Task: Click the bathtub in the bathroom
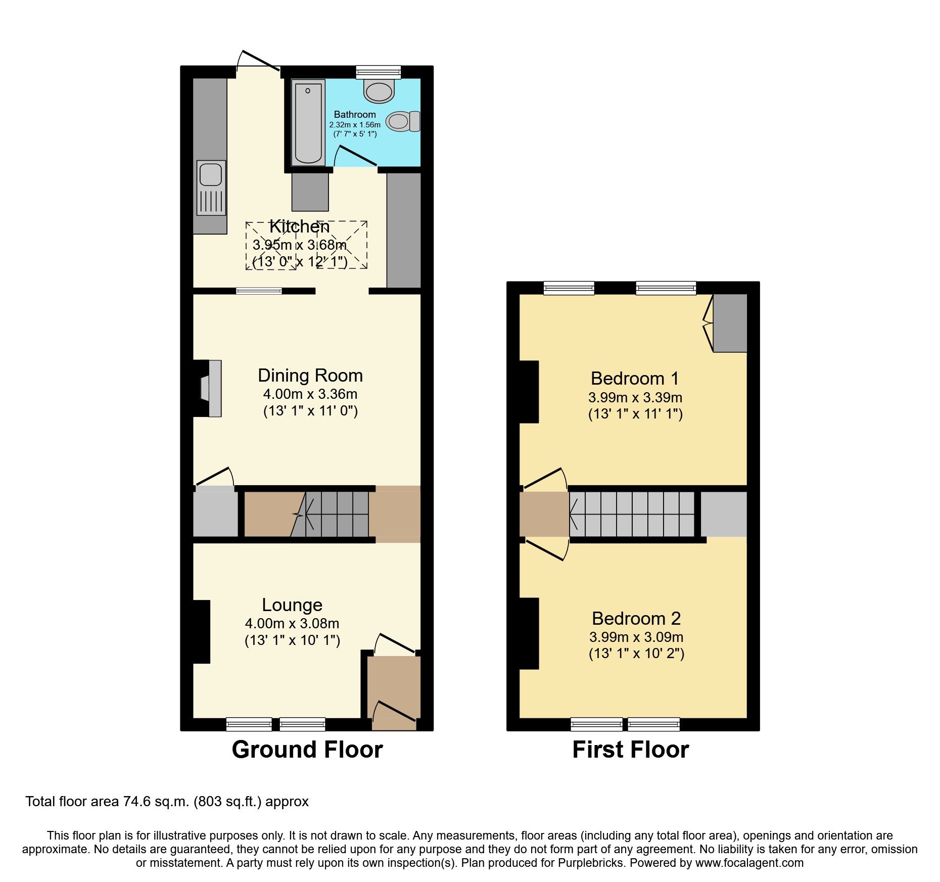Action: (x=308, y=122)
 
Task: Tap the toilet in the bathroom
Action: (x=403, y=121)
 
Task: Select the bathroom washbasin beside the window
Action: (x=379, y=91)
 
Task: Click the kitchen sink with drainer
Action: (x=211, y=187)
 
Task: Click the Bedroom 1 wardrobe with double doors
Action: (x=729, y=323)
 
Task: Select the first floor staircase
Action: (x=632, y=514)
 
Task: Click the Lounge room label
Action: (x=292, y=605)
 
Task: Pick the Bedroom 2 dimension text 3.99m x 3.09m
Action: (x=636, y=637)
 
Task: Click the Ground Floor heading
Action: (x=307, y=750)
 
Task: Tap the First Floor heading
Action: (x=630, y=750)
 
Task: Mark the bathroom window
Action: (x=378, y=72)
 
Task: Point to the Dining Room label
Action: (x=310, y=376)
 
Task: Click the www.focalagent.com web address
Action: (x=749, y=863)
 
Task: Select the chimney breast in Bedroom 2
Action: (x=529, y=633)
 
